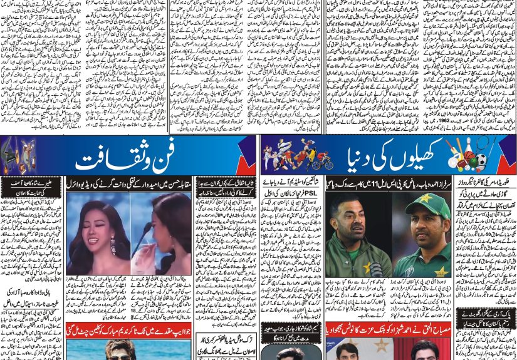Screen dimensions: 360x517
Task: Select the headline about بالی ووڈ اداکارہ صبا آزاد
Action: click(31, 297)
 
